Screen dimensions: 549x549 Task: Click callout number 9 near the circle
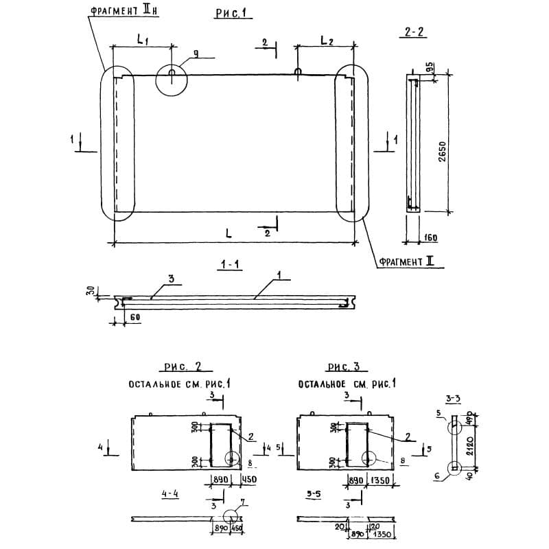click(196, 60)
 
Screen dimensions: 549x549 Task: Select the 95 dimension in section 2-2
click(429, 68)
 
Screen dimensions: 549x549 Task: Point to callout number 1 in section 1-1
click(280, 275)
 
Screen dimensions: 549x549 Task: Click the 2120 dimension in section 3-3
click(470, 443)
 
